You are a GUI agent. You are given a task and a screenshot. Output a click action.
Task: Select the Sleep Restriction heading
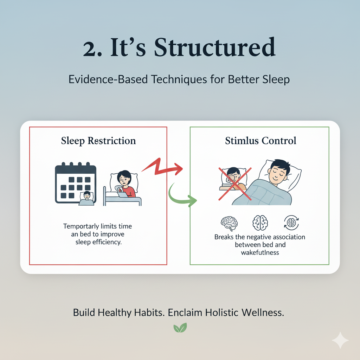coord(98,141)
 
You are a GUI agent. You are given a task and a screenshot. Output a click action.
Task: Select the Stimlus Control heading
coord(261,141)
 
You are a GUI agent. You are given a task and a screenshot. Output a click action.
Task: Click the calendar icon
coord(76,183)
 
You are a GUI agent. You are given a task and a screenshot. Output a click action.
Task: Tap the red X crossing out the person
coord(235,184)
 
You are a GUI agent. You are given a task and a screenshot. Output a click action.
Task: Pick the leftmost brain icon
coord(229,223)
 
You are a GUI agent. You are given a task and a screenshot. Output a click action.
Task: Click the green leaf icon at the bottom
coord(180,328)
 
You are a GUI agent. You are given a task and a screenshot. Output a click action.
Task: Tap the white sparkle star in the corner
coord(340,340)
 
